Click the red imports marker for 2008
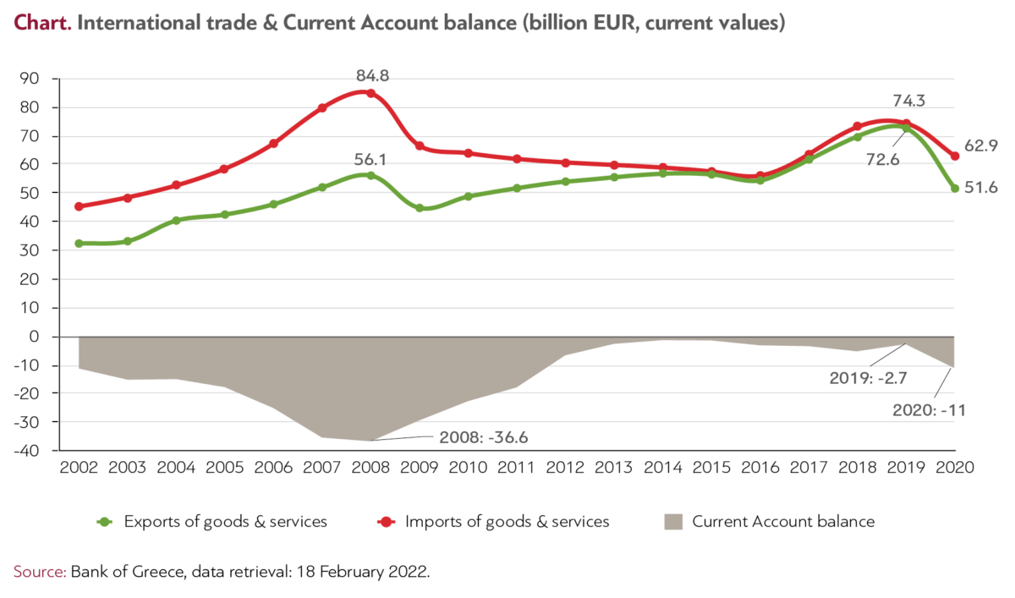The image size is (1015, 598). click(x=370, y=93)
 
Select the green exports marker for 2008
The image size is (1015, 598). click(x=370, y=175)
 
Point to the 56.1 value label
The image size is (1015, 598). click(x=370, y=158)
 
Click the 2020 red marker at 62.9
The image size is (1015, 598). click(x=955, y=156)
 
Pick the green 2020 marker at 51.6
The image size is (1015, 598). click(x=955, y=189)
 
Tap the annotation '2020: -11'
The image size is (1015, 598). click(x=929, y=410)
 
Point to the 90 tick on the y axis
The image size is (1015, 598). click(x=32, y=80)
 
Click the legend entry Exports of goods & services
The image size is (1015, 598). click(x=225, y=522)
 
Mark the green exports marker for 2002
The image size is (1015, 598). click(x=79, y=243)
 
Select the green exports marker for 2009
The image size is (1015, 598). click(x=420, y=207)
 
